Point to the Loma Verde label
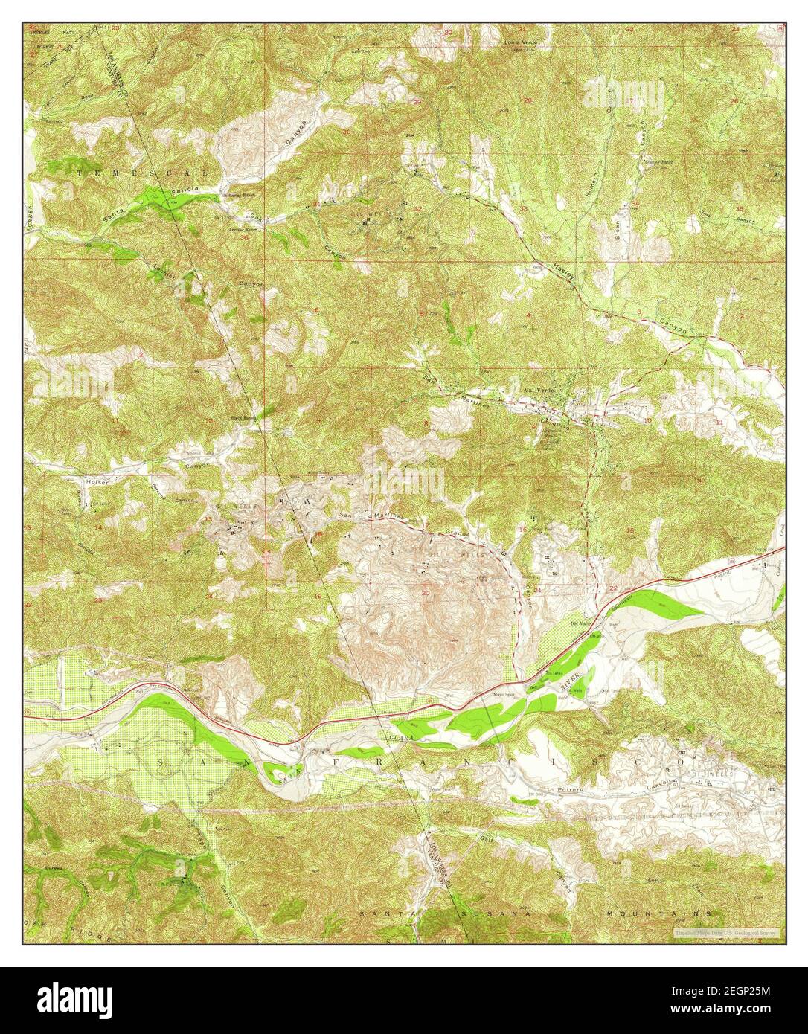point(520,42)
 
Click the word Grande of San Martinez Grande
point(455,533)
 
